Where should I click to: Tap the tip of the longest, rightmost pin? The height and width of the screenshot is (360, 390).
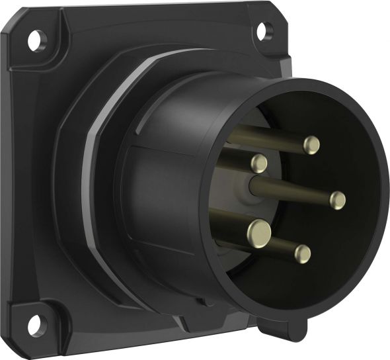coord(338,199)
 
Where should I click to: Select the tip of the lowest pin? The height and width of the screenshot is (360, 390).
coord(303,253)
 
